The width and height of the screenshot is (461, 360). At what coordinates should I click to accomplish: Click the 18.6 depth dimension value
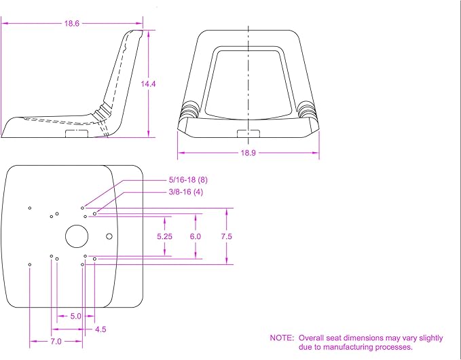(x=72, y=24)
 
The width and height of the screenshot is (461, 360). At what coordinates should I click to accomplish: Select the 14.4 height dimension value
(x=148, y=84)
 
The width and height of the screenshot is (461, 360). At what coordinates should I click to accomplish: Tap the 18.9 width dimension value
(x=248, y=153)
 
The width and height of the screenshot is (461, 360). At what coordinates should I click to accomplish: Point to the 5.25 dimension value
(x=164, y=236)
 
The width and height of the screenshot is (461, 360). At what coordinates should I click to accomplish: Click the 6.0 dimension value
(x=196, y=236)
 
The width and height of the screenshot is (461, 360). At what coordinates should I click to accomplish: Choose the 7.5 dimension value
(x=226, y=236)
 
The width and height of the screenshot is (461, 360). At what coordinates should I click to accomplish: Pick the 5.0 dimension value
(x=75, y=316)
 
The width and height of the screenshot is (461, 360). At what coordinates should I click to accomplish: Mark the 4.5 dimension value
(x=100, y=329)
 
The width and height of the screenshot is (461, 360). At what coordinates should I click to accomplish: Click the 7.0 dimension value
(x=56, y=342)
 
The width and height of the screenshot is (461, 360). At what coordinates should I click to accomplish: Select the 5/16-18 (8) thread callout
(x=188, y=180)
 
